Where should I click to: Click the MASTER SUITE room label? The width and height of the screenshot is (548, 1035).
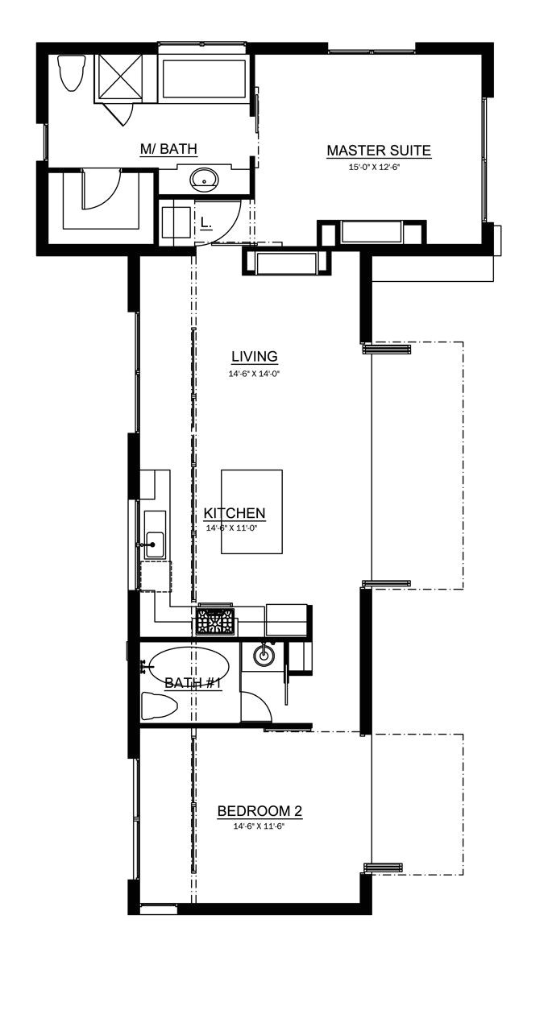[x=378, y=151]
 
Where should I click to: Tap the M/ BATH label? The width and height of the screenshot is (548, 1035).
[x=168, y=149]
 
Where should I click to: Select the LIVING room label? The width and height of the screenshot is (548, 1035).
[x=254, y=356]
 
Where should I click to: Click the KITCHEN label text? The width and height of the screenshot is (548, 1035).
[x=235, y=513]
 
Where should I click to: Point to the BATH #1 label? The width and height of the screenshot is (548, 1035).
[x=193, y=683]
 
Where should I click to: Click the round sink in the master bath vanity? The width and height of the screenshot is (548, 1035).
[x=205, y=179]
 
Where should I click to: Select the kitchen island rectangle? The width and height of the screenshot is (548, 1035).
[x=252, y=511]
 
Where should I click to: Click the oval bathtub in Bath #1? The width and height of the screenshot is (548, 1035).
[x=187, y=668]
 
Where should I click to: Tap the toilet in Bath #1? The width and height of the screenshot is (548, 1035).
[x=160, y=707]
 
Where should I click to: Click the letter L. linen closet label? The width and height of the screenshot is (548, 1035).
[x=205, y=222]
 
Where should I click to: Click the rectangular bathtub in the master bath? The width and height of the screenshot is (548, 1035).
[x=205, y=78]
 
